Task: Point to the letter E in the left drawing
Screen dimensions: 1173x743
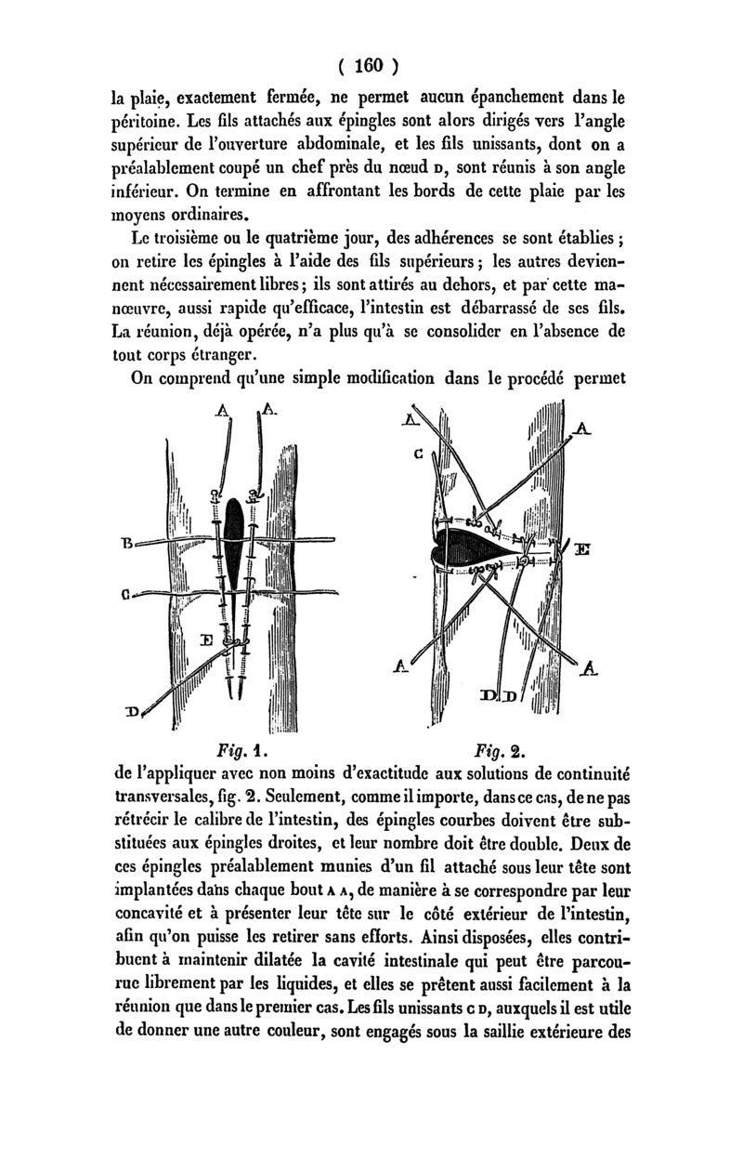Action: (208, 639)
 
